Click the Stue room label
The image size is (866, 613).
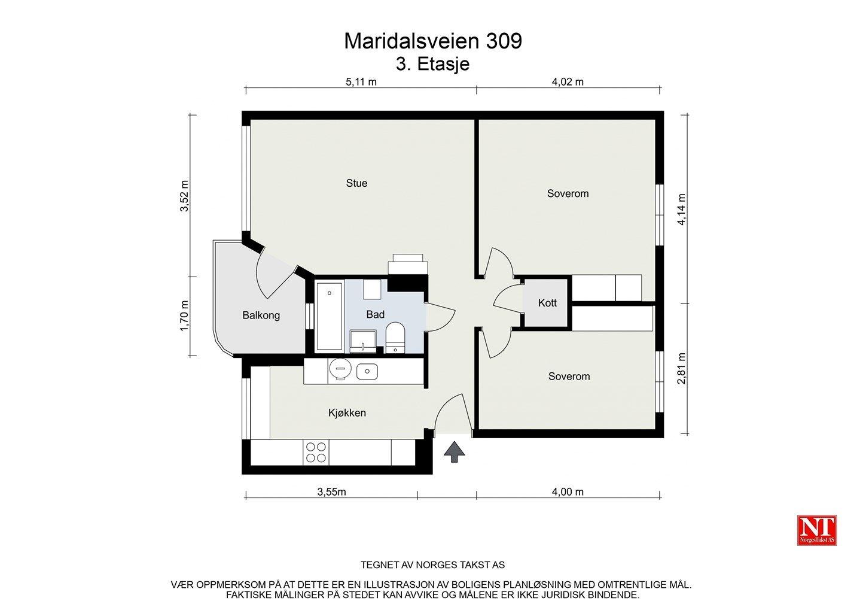pyautogui.click(x=356, y=183)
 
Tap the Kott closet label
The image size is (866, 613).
pyautogui.click(x=547, y=303)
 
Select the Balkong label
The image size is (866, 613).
pyautogui.click(x=261, y=315)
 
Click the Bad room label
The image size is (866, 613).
pyautogui.click(x=375, y=314)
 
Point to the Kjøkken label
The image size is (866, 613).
pyautogui.click(x=347, y=413)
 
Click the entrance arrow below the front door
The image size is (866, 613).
pyautogui.click(x=455, y=452)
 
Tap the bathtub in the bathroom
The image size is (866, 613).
pyautogui.click(x=329, y=315)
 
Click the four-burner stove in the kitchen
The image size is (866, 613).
pyautogui.click(x=315, y=453)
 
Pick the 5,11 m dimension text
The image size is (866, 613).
pyautogui.click(x=361, y=82)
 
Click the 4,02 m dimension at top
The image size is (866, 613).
pyautogui.click(x=567, y=82)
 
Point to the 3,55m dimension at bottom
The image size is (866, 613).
pyautogui.click(x=331, y=492)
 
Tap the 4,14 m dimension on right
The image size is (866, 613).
pyautogui.click(x=681, y=209)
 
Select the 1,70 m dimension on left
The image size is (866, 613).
pyautogui.click(x=184, y=316)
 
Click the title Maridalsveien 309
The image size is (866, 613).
pyautogui.click(x=432, y=41)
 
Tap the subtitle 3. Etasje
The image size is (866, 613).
pyautogui.click(x=432, y=64)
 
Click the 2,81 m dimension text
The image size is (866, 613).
pyautogui.click(x=681, y=368)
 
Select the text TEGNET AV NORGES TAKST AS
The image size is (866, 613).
pyautogui.click(x=432, y=565)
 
